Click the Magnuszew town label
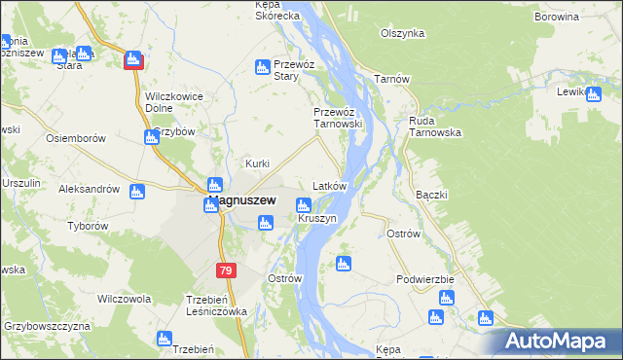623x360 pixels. [241, 201]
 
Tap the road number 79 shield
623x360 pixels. [226, 269]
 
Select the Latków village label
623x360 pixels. [328, 185]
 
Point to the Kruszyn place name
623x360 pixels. [317, 219]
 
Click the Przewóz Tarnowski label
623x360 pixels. [338, 118]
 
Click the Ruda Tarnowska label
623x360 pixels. [435, 127]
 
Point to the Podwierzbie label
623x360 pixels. [425, 279]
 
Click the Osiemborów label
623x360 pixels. [76, 139]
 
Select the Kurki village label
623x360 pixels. [257, 163]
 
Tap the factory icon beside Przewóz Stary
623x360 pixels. [261, 67]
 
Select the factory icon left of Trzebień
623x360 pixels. [164, 338]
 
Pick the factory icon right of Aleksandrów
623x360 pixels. [137, 192]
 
